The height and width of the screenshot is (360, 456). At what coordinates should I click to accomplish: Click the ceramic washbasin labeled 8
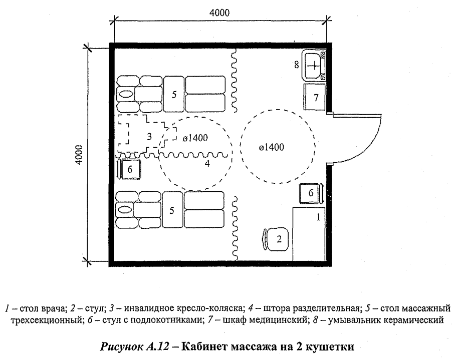(x=314, y=65)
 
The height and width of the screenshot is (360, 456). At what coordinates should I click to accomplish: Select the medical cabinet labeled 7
(x=315, y=97)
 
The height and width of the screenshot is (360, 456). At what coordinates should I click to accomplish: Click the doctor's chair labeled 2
(x=275, y=239)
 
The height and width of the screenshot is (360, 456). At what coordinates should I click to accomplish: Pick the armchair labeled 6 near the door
(x=311, y=193)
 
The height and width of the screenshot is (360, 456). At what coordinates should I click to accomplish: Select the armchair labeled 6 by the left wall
(x=129, y=169)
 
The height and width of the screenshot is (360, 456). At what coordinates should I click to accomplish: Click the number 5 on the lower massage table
(x=172, y=210)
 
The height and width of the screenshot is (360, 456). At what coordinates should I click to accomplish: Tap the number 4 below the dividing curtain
(x=206, y=164)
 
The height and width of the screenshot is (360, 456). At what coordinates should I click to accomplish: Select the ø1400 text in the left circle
(x=195, y=137)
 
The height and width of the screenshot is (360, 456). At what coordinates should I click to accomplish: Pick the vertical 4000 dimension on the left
(x=78, y=155)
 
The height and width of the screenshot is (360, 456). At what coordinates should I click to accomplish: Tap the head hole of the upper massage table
(x=126, y=94)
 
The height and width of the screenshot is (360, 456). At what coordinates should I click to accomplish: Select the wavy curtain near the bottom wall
(x=234, y=228)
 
